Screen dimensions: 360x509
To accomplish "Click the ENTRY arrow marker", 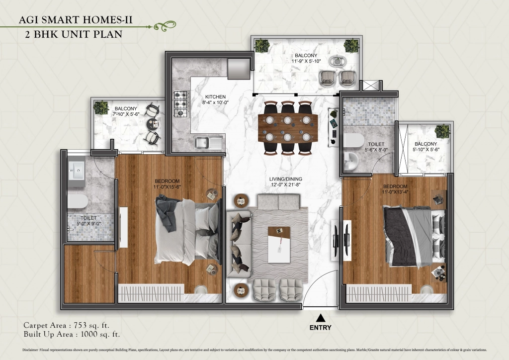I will [321, 317].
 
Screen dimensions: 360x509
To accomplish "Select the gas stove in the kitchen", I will [181, 103].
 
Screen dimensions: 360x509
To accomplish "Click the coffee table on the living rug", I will [278, 245].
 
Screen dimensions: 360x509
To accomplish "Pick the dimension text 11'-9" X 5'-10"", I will [306, 61].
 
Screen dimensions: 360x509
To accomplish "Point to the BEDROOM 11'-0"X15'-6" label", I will [168, 184].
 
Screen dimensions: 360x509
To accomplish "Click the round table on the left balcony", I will [153, 124].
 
